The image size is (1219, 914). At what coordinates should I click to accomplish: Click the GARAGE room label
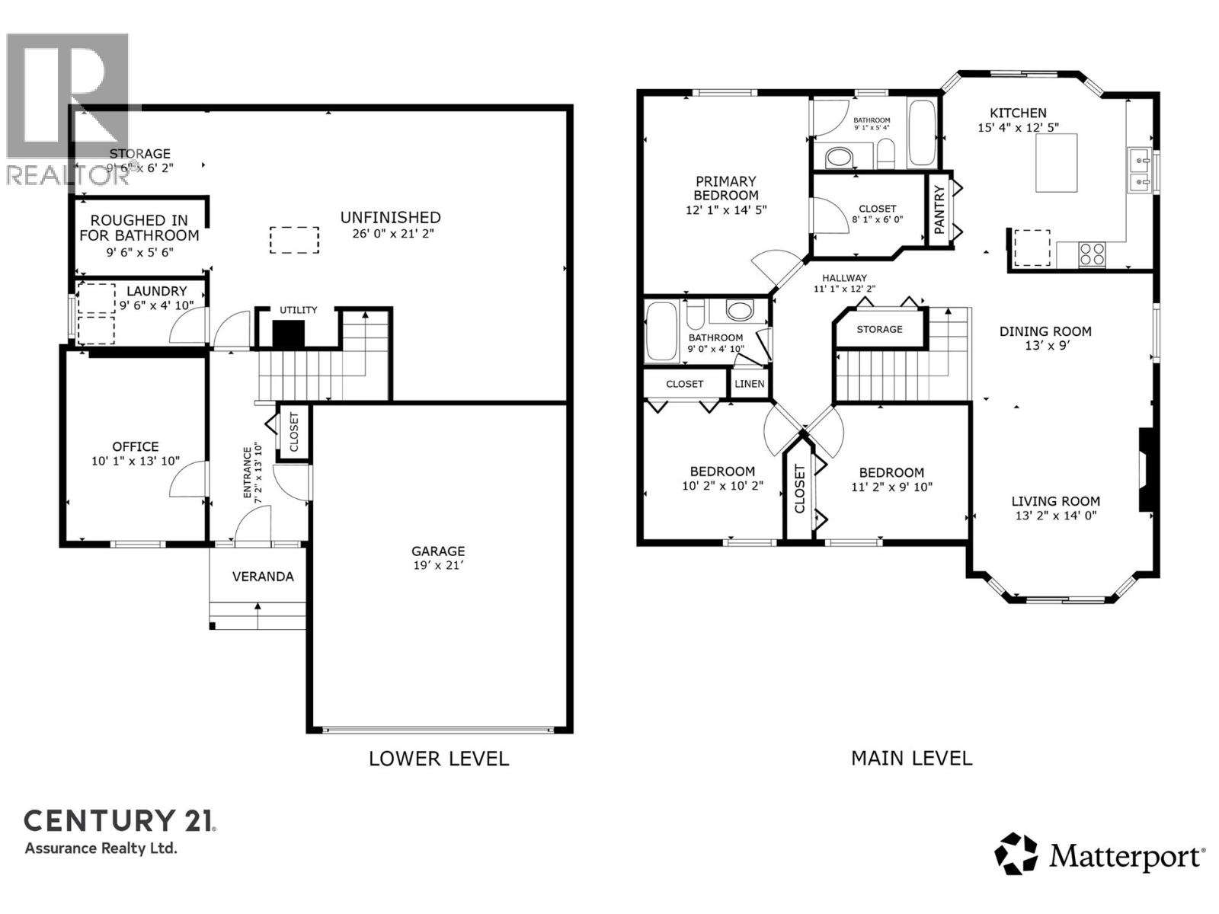pos(438,551)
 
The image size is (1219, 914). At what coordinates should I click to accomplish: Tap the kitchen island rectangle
pos(1056,162)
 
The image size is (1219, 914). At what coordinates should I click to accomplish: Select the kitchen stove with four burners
pos(1092,254)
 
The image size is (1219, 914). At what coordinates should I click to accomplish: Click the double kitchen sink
pos(1139,171)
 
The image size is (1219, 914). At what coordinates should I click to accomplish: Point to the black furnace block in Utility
pos(289,334)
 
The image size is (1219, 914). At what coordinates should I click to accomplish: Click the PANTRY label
pos(939,209)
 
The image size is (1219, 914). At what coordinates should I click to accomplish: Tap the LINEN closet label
pos(749,384)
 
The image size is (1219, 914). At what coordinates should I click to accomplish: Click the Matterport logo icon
pos(1016,854)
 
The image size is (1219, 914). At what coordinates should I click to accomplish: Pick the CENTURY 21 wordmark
pos(120,821)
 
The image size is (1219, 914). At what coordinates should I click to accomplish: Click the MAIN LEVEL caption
pos(911,758)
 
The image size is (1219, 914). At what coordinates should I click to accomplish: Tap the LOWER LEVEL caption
pos(438,759)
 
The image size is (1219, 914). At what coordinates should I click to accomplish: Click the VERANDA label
pos(263,577)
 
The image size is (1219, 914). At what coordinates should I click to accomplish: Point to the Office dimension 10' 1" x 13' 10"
pos(136,461)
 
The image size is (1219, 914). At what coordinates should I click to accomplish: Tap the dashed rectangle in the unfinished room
pos(295,239)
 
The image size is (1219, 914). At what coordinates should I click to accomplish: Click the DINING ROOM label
pos(1045,331)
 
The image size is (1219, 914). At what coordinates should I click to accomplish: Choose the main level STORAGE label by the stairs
pos(879,329)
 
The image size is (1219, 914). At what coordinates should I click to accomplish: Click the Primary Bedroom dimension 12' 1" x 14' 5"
pos(725,209)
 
